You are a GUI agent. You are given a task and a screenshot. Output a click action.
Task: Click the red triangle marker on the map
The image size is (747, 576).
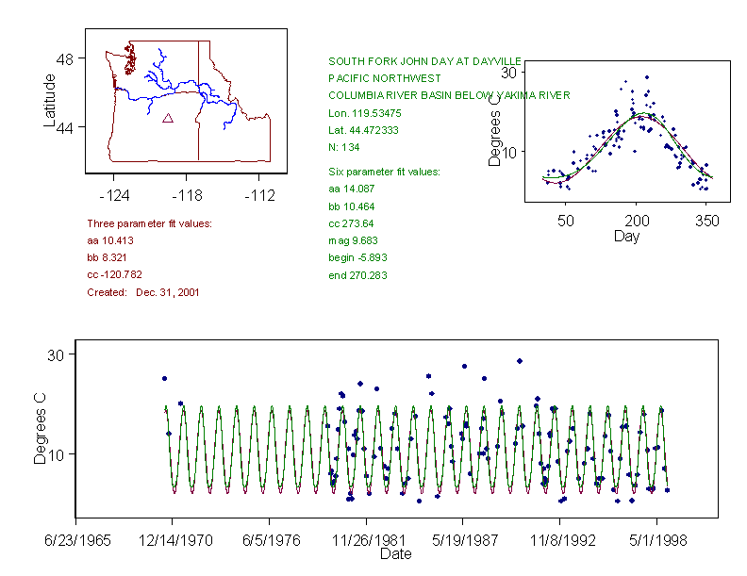point(168,118)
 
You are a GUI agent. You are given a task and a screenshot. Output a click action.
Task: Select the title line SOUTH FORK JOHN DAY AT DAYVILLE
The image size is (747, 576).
point(424,60)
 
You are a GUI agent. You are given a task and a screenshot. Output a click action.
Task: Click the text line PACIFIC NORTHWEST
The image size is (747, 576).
point(378,78)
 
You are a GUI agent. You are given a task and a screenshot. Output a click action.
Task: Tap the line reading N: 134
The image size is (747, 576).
point(343,147)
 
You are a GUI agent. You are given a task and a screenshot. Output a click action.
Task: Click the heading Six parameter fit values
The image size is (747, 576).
point(377,172)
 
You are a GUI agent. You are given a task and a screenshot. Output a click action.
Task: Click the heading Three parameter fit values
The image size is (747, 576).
point(149,223)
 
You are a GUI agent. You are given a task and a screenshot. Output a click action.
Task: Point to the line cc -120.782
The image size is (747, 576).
point(115,274)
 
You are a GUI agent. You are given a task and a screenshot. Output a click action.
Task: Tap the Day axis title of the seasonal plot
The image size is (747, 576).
point(626,237)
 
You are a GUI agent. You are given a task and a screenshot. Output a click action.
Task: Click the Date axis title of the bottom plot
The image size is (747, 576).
point(395,554)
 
